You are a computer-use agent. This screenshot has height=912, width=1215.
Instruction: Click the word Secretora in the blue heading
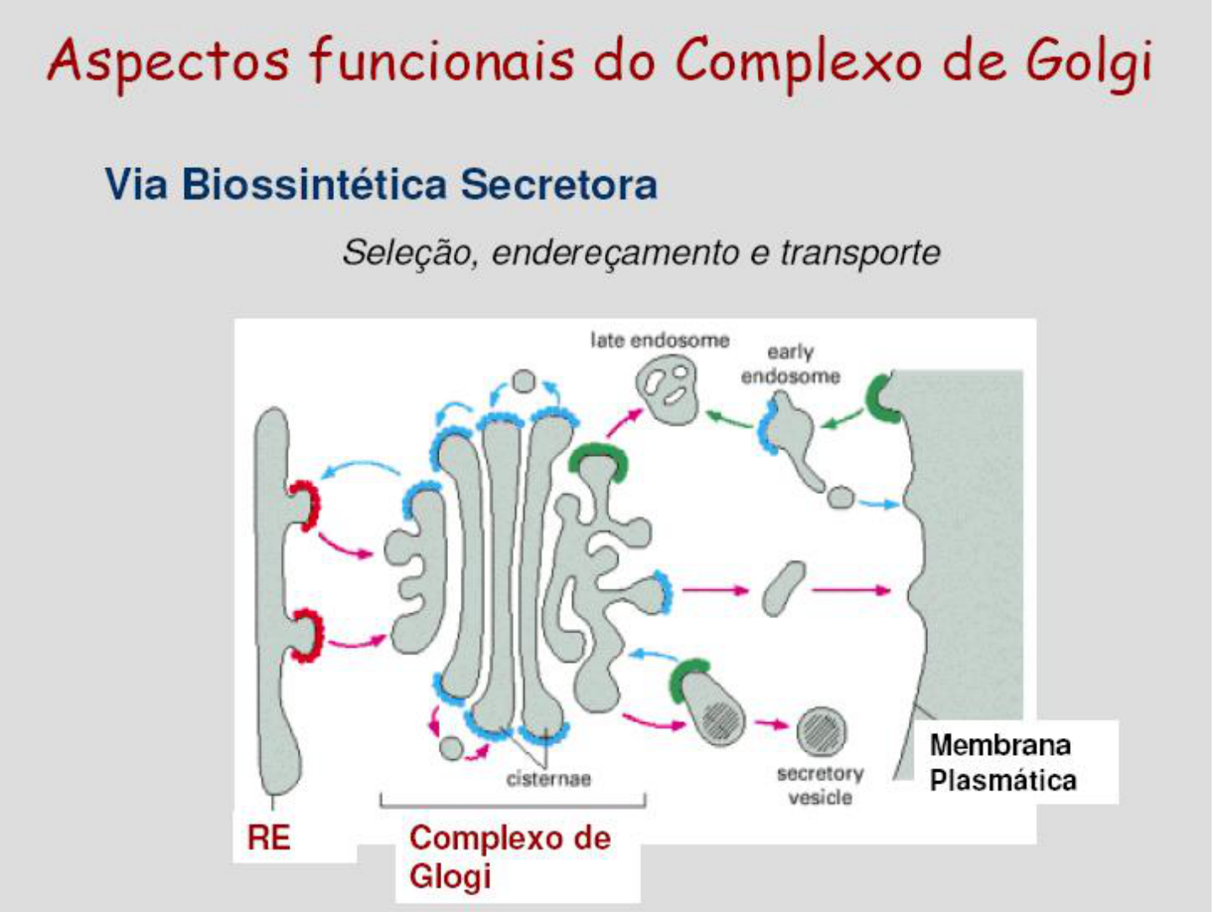coord(559,185)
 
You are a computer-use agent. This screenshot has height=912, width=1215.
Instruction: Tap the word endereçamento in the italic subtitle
coord(614,252)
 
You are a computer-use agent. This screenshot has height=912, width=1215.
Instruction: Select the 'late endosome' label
coord(659,340)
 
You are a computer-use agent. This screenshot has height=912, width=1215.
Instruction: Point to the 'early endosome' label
coord(791,364)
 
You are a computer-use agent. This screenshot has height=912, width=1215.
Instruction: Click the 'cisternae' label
coord(548,779)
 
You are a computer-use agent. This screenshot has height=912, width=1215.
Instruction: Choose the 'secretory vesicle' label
coord(820,785)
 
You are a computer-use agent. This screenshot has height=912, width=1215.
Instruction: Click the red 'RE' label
coord(268,838)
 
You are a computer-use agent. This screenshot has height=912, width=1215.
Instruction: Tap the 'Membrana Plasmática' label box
coord(1002,763)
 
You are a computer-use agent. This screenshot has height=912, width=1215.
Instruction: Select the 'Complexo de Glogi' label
coord(509,856)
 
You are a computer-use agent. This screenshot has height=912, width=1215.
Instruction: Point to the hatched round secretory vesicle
coord(821,731)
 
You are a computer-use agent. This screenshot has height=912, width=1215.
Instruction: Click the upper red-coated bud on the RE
coord(305,505)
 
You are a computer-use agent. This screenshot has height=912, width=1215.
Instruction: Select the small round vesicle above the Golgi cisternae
coord(524,382)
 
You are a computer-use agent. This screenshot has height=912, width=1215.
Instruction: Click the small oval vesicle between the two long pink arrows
coord(784,589)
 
